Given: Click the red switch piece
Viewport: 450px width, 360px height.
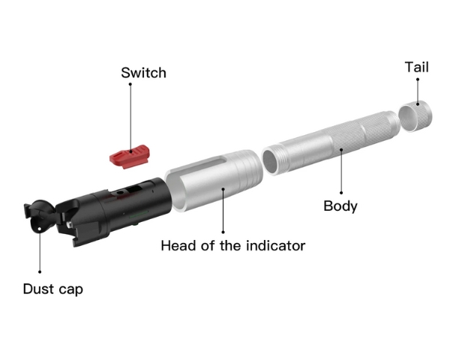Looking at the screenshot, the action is coord(130,157).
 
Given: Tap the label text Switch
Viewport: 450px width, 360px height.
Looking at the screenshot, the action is coord(143,73).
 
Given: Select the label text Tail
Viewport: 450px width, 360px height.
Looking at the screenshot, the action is coord(417,67).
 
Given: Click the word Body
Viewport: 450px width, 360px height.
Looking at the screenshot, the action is coord(340,206).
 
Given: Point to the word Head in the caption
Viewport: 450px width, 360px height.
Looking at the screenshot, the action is coord(178,246).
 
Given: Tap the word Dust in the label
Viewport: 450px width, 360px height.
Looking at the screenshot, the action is coord(38,289).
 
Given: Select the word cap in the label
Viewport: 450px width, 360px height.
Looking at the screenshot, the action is coord(71,290).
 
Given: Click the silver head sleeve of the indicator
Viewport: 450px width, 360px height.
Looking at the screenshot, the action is coord(214,181).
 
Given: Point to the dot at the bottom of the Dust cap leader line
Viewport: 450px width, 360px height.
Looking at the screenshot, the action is coord(40,271).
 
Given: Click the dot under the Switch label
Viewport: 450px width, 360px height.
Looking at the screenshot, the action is coord(130,84).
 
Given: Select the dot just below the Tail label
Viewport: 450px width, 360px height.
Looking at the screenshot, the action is coord(418,79).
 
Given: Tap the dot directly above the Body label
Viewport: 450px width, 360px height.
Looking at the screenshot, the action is coord(341,193).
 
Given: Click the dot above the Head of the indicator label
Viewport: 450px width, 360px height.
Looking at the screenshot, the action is coord(223,232).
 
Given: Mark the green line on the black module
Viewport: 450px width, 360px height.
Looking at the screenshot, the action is coord(139,214).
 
